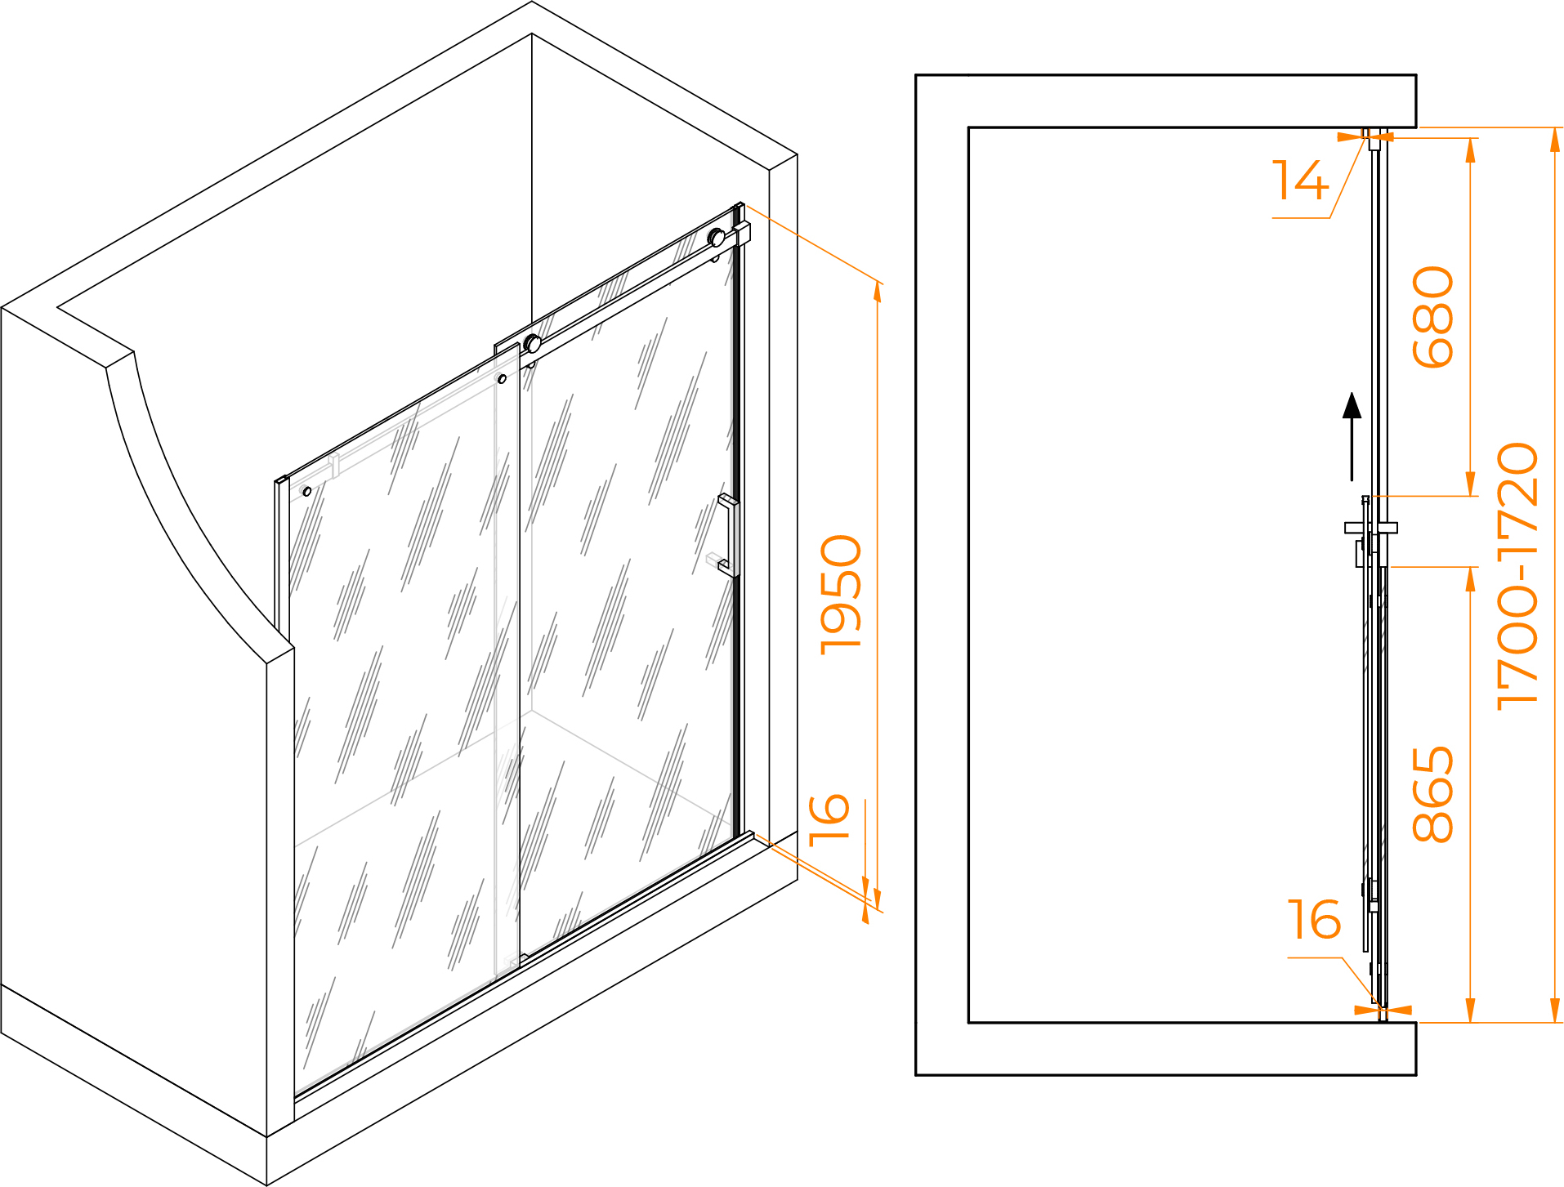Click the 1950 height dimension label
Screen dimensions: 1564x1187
point(842,594)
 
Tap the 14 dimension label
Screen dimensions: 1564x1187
point(1300,181)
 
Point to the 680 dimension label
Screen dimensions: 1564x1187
point(1433,317)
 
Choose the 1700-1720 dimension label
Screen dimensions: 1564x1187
point(1517,576)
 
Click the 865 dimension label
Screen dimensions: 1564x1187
point(1433,794)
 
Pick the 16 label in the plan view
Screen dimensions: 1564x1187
point(1314,920)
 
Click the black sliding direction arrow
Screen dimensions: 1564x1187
point(1352,437)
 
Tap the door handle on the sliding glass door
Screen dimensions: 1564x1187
point(728,535)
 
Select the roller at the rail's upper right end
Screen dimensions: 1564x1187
point(717,238)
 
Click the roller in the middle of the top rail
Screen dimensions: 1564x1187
point(533,344)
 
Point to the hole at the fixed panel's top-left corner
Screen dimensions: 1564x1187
point(307,491)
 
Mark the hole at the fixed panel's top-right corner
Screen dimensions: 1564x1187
point(502,379)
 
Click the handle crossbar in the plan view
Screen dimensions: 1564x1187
point(1371,528)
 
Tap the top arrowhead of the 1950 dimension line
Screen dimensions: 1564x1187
point(878,292)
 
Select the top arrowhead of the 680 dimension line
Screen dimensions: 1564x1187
point(1471,149)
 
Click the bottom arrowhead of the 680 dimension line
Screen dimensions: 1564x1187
point(1471,484)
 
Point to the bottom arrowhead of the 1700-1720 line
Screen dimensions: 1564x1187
point(1555,1011)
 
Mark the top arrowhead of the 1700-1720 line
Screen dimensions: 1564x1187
point(1555,140)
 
